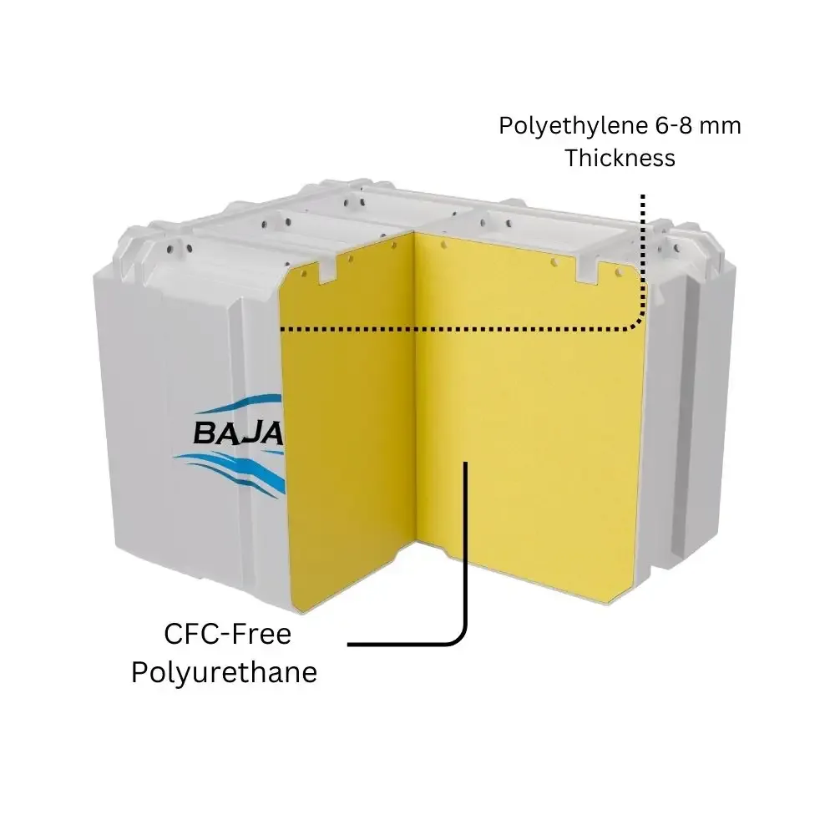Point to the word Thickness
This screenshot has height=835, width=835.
620,158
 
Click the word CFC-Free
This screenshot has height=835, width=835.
227,635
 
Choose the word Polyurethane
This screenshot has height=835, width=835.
224,673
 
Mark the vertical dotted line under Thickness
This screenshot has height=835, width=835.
643,250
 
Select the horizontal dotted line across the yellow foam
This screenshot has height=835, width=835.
459,329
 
